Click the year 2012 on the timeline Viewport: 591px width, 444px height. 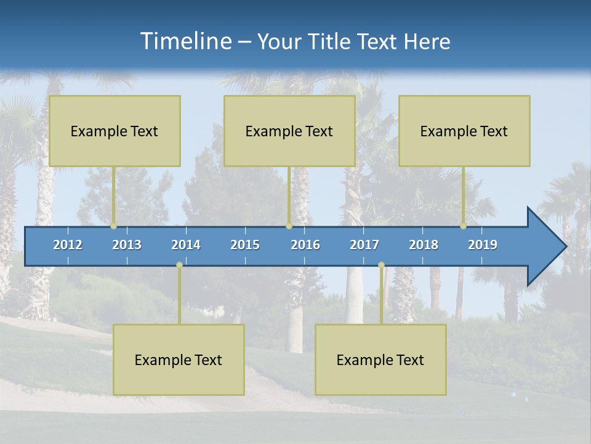(x=68, y=245)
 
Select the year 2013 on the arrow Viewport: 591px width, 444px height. (x=127, y=245)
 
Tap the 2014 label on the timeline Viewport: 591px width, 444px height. (x=186, y=245)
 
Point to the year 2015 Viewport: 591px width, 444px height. (x=245, y=245)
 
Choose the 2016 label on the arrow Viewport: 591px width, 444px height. (x=305, y=245)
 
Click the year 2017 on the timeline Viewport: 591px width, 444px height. (x=364, y=245)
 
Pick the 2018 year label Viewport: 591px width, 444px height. (x=424, y=245)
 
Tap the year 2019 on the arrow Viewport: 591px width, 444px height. (x=483, y=245)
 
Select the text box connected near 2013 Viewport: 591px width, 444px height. (x=115, y=131)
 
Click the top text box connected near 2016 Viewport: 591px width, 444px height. (x=289, y=131)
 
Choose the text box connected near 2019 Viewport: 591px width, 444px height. (x=464, y=131)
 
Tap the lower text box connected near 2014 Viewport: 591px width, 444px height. (x=179, y=360)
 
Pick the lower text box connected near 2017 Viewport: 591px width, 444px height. (x=380, y=360)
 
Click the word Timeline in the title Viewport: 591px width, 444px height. (x=185, y=41)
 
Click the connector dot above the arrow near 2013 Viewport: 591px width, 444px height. (x=114, y=226)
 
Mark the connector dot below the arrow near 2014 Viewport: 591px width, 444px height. (x=179, y=265)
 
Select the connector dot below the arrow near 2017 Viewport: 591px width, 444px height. (x=381, y=265)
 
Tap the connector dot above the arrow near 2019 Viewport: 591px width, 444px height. (x=464, y=226)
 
